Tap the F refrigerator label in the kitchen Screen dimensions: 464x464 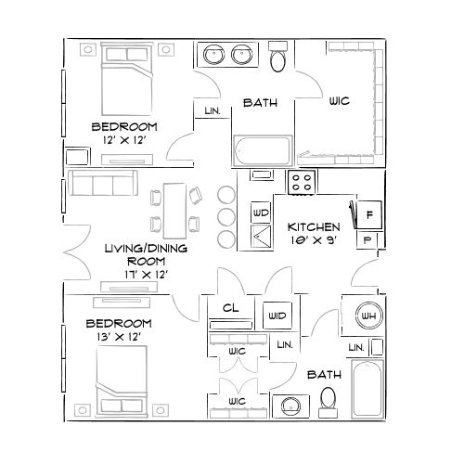tap(368, 215)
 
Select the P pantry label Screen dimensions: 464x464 tap(368, 239)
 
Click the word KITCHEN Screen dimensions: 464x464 tap(313, 226)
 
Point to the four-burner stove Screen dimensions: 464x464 tap(301, 182)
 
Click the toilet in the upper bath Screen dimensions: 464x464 tap(277, 60)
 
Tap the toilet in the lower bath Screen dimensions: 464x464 tap(329, 397)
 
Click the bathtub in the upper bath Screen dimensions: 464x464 tap(261, 150)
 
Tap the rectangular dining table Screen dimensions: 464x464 tap(174, 209)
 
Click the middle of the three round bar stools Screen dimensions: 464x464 tap(226, 216)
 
